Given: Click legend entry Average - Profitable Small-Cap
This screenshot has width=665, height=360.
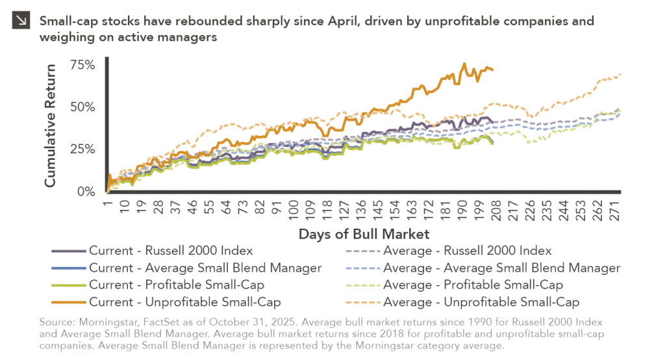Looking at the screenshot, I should (473, 285).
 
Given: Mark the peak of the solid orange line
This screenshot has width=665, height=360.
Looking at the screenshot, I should (464, 64).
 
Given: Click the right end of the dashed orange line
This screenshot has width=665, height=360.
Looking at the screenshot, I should (620, 74).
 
